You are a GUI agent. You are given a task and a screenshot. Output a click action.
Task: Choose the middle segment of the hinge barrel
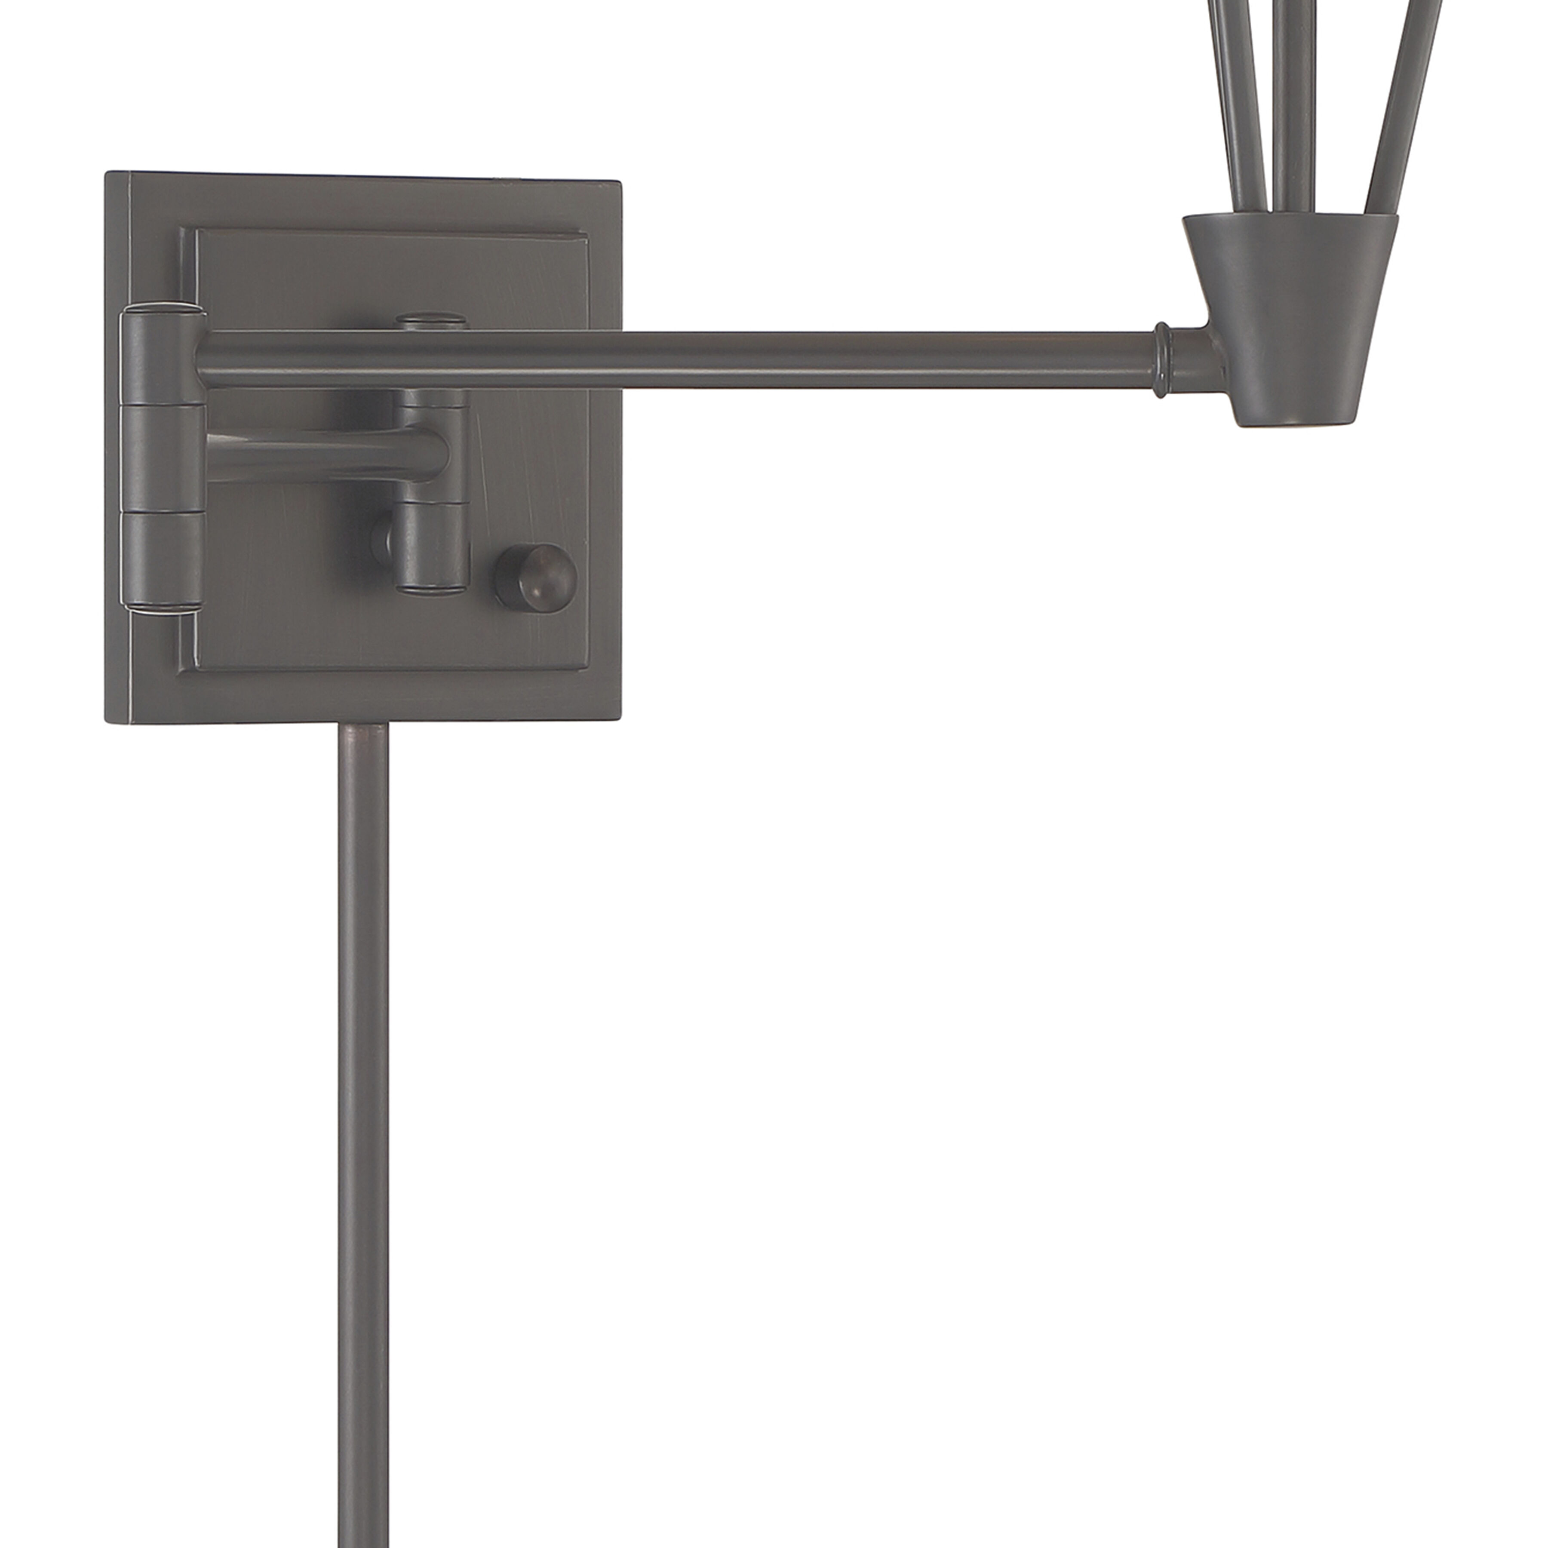160,457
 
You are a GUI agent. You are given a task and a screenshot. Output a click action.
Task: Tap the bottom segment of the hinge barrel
160,561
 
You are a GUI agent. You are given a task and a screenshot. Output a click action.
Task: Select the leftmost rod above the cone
1230,104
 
